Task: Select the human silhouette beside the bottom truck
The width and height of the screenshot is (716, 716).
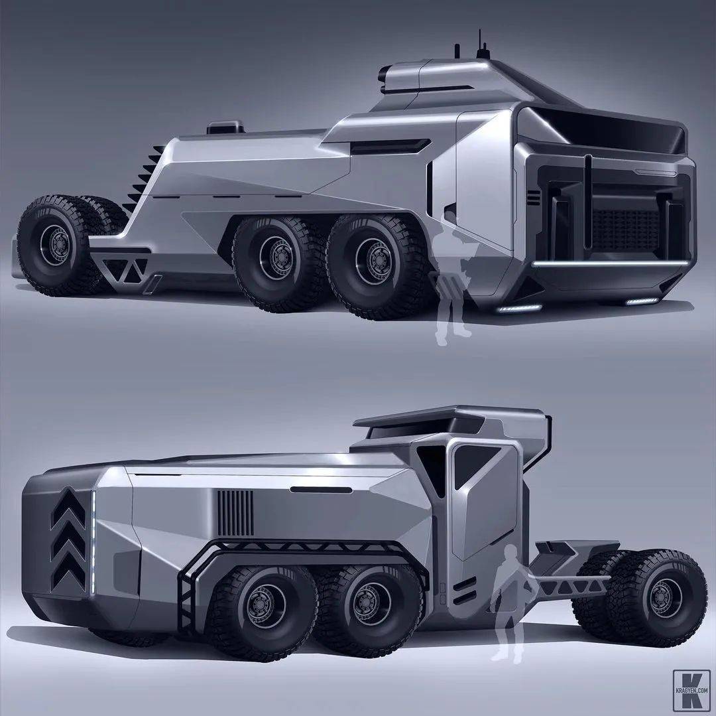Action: (510, 603)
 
